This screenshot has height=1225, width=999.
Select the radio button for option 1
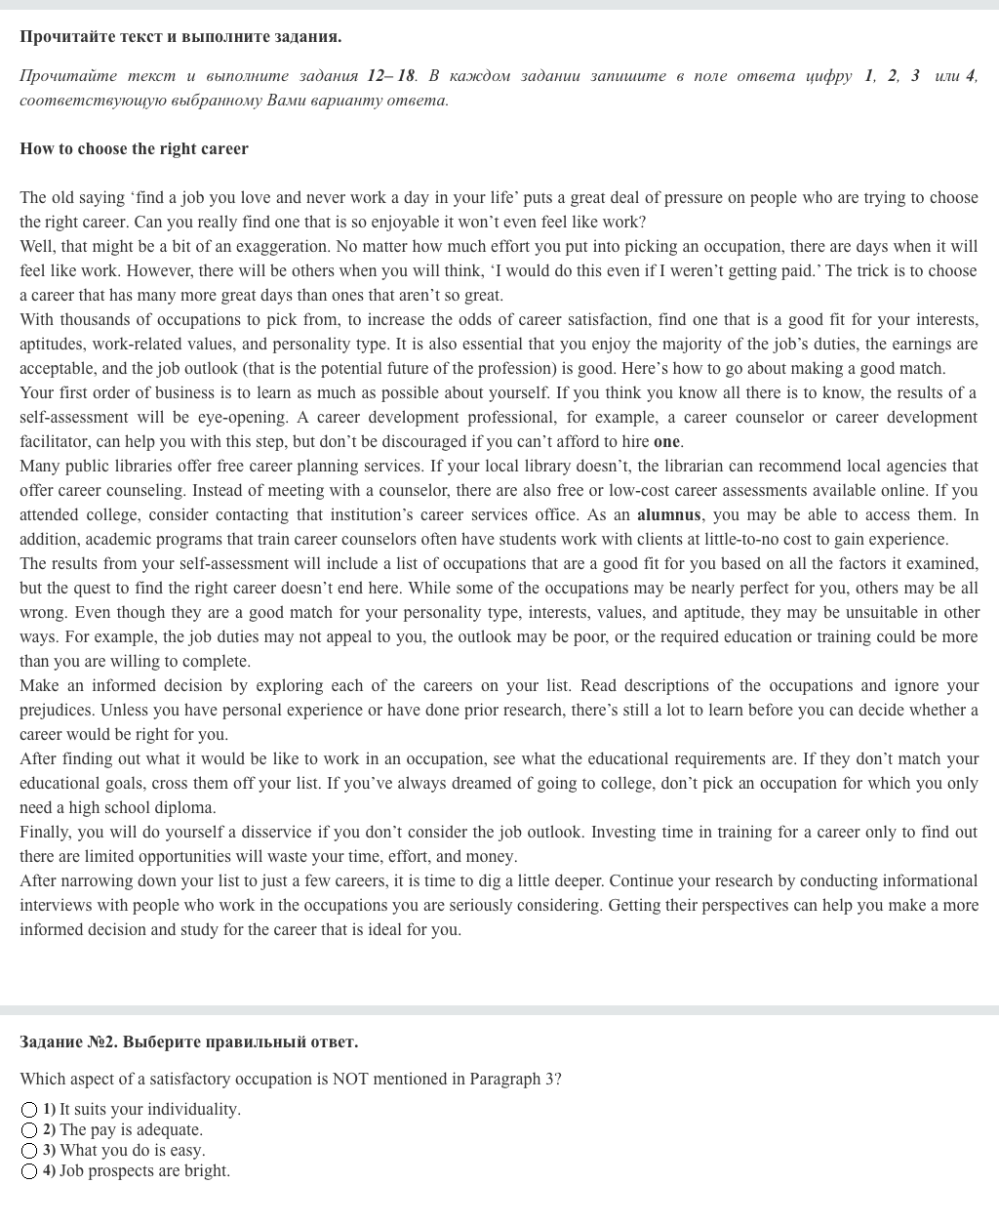[29, 1110]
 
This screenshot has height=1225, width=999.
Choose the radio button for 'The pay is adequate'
[29, 1130]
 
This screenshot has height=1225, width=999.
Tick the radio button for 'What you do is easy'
[29, 1151]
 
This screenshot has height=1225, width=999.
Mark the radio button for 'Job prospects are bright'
[29, 1171]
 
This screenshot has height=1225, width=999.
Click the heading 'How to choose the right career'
[134, 148]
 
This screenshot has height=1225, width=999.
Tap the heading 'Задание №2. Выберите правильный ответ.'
[188, 1041]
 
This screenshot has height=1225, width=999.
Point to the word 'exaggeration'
[282, 246]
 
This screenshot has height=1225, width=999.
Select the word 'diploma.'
[186, 807]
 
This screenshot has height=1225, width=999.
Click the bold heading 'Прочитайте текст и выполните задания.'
[180, 36]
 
